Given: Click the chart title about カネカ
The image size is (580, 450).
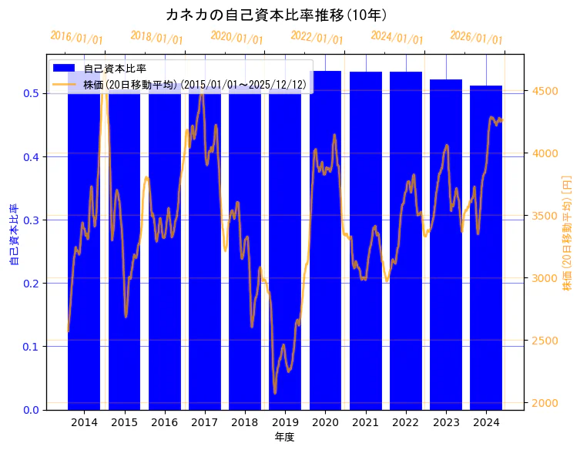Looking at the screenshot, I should [x=277, y=15].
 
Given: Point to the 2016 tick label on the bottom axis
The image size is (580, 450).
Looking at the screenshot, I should [x=164, y=422].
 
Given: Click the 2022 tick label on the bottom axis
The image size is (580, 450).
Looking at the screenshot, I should [x=405, y=422].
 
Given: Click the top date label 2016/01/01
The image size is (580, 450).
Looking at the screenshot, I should [x=76, y=38].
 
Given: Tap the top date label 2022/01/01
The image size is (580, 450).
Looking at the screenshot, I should [x=317, y=38].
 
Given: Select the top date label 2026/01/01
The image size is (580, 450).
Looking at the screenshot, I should [x=476, y=38].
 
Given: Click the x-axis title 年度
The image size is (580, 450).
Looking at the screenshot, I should [x=284, y=437].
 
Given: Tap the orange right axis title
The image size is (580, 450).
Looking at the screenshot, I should [x=568, y=231].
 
